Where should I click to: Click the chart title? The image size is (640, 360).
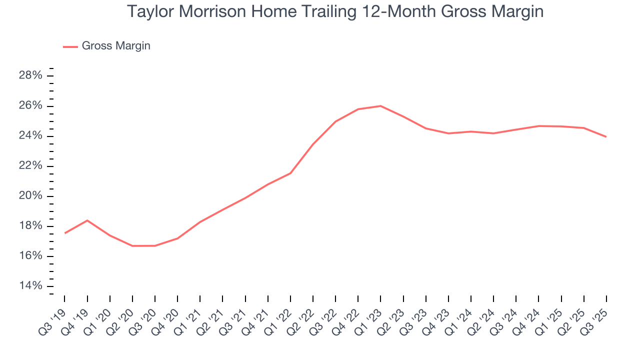click(x=335, y=11)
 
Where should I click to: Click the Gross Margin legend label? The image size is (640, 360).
click(x=116, y=46)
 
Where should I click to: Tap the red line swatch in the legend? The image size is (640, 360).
click(x=70, y=46)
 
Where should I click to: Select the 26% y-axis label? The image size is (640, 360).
click(x=30, y=106)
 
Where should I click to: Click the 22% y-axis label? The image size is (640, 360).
click(x=30, y=166)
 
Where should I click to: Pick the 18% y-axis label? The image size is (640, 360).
click(x=30, y=226)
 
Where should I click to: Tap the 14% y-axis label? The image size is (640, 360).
click(x=30, y=286)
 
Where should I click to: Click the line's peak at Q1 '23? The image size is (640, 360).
click(x=380, y=106)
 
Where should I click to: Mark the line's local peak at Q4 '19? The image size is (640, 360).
click(x=87, y=220)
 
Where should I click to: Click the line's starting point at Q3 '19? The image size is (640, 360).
click(x=65, y=233)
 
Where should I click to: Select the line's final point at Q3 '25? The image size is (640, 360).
click(x=606, y=136)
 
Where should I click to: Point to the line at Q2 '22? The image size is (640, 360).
click(x=313, y=144)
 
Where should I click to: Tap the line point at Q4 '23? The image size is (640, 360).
click(x=448, y=133)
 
